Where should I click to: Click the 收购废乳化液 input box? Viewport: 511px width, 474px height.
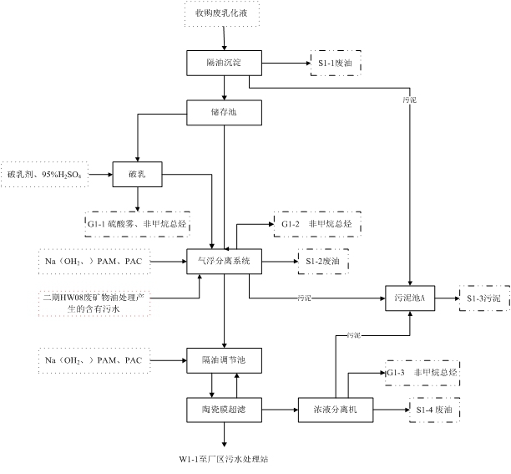pyautogui.click(x=222, y=14)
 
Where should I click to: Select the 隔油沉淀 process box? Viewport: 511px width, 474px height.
pyautogui.click(x=223, y=63)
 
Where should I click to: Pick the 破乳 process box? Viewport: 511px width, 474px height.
pyautogui.click(x=138, y=174)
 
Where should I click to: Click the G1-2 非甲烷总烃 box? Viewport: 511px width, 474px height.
pyautogui.click(x=316, y=224)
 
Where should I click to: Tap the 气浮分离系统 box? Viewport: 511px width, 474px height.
pyautogui.click(x=223, y=262)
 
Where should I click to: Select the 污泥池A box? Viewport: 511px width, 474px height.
pyautogui.click(x=409, y=298)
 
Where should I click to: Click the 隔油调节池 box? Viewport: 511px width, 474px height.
pyautogui.click(x=223, y=359)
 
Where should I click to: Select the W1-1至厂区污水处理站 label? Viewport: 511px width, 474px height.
pyautogui.click(x=224, y=460)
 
